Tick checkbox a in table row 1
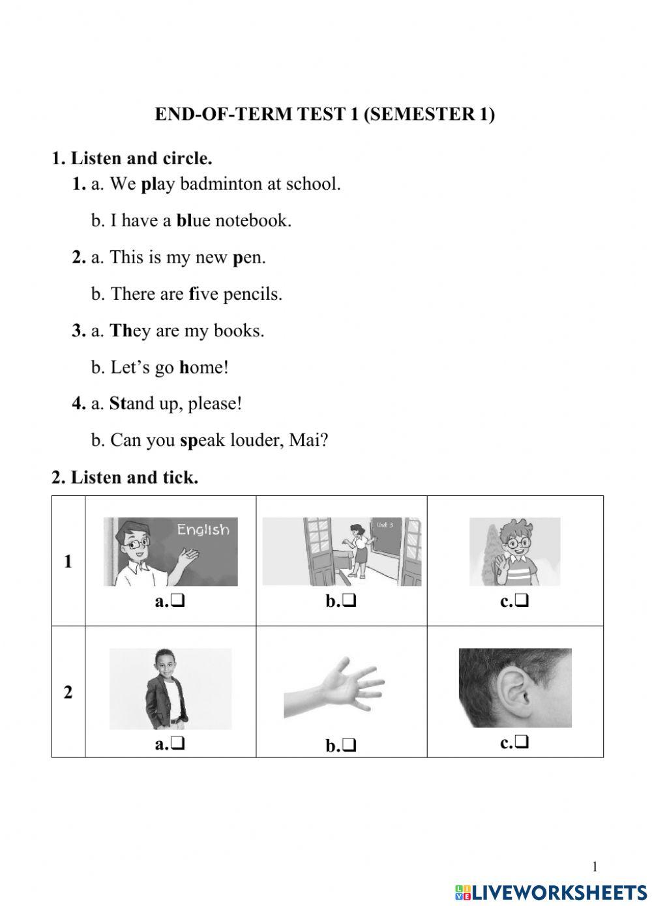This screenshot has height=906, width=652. [x=178, y=601]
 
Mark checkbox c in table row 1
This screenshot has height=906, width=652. [x=522, y=601]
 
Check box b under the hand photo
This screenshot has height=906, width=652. [x=349, y=745]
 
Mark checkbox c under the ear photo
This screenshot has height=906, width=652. [x=522, y=742]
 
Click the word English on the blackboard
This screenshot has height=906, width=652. [x=203, y=530]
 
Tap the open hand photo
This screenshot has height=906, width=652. [x=334, y=690]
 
